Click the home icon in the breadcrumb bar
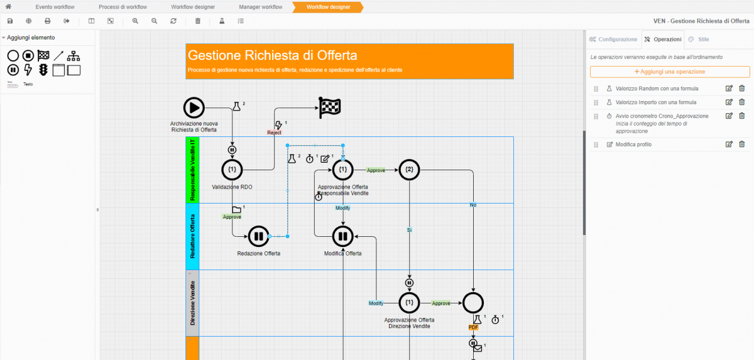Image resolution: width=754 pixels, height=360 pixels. tap(8, 7)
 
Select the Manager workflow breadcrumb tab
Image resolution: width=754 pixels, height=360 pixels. tap(260, 7)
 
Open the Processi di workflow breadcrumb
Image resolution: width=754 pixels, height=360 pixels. tap(123, 7)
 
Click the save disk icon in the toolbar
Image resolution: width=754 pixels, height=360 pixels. tap(10, 21)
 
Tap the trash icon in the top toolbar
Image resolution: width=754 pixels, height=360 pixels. tap(198, 21)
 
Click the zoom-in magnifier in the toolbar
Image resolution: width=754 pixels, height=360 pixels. tap(135, 21)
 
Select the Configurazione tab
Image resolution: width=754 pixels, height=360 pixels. tap(613, 39)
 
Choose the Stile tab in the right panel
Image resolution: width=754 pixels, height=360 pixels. tap(699, 39)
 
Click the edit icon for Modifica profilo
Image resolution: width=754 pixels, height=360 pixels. tap(729, 145)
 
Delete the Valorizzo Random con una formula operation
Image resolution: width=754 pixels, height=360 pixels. tap(741, 89)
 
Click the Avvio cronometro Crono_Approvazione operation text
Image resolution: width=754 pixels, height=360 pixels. tap(662, 116)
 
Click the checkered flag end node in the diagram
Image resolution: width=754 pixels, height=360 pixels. tap(330, 107)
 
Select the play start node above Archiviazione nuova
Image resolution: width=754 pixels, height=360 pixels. tap(194, 107)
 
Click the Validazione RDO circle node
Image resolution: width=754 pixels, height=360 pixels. tap(232, 170)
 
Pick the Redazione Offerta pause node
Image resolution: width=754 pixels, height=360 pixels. tap(258, 236)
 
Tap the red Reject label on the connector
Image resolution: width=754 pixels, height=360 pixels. tap(274, 133)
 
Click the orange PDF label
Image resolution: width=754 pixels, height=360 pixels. tap(473, 327)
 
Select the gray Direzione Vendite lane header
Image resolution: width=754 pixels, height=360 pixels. tap(192, 303)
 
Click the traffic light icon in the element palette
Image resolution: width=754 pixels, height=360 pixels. tap(43, 69)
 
